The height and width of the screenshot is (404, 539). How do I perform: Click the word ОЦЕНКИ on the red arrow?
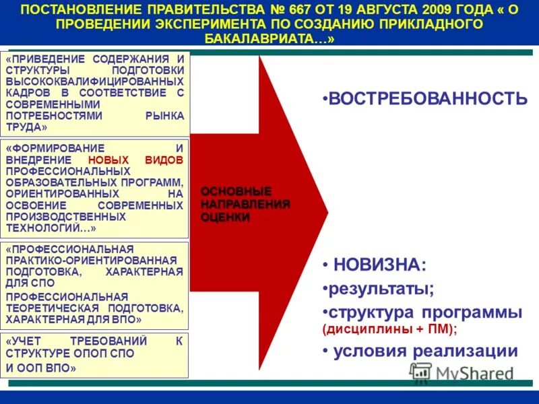[225, 217]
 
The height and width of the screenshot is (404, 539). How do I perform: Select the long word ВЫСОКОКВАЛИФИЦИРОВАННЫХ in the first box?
[94, 81]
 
